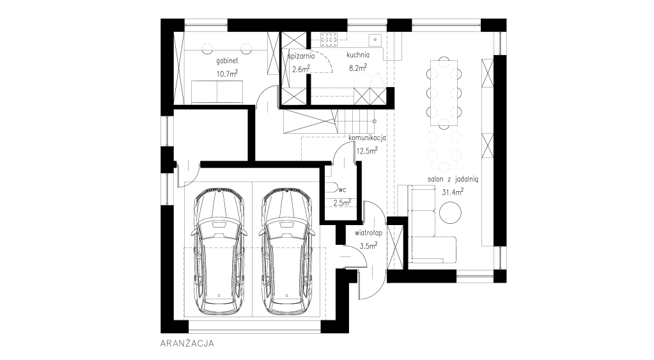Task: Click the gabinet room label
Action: (227, 61)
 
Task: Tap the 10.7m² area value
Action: (227, 74)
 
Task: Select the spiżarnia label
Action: (301, 56)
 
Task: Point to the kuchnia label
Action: (358, 54)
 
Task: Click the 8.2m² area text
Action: (358, 68)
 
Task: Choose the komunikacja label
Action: (367, 138)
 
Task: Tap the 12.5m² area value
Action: (367, 151)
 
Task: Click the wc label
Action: (343, 190)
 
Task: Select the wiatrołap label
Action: (369, 233)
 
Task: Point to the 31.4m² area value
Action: (453, 192)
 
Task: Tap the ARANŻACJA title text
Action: (187, 344)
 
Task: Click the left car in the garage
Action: (219, 251)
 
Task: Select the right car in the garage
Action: (286, 251)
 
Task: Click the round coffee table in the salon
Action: (451, 212)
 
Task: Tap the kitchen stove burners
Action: (329, 40)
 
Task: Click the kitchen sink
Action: (375, 40)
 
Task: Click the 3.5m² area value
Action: (369, 246)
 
